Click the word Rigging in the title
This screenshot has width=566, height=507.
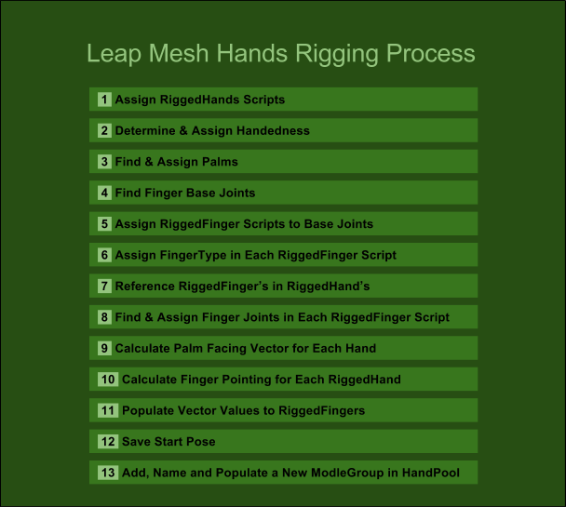(x=337, y=54)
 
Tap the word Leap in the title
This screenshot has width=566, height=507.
(x=114, y=54)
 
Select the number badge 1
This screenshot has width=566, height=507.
(x=104, y=100)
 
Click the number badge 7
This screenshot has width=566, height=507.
(x=104, y=286)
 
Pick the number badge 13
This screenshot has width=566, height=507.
(x=108, y=473)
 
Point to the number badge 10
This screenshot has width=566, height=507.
(x=108, y=379)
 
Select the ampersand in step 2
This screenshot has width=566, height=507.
(x=183, y=130)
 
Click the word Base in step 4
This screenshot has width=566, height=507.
(x=200, y=193)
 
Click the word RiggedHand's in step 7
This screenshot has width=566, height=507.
(x=328, y=286)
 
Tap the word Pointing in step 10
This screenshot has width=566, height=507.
(x=246, y=380)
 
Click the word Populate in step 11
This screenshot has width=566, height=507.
(x=148, y=410)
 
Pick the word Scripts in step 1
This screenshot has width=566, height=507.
(x=263, y=100)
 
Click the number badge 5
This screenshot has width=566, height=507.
(x=104, y=223)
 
